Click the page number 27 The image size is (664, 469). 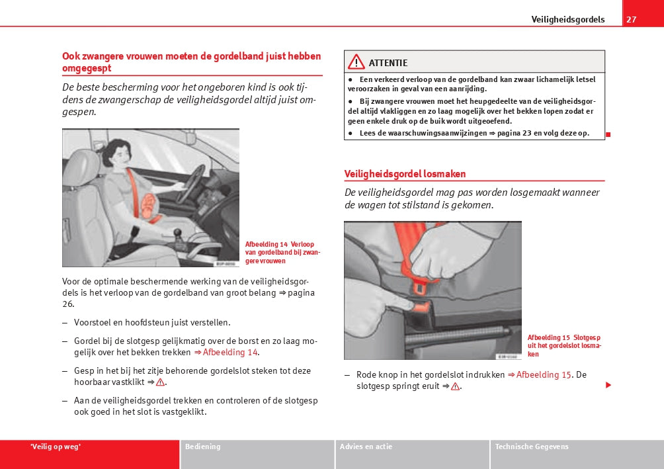[632, 19]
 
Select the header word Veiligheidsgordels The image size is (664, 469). [567, 19]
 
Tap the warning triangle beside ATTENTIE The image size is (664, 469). [356, 62]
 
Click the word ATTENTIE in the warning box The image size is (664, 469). [388, 63]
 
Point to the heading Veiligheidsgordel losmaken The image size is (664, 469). [405, 174]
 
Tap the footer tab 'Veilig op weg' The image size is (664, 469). [56, 447]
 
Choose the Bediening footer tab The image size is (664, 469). [203, 447]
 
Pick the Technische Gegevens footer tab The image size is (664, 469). [531, 447]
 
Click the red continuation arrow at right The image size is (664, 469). [608, 385]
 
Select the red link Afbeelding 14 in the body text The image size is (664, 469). [230, 352]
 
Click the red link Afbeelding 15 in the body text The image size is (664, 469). [543, 374]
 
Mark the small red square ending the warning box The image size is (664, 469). [608, 134]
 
